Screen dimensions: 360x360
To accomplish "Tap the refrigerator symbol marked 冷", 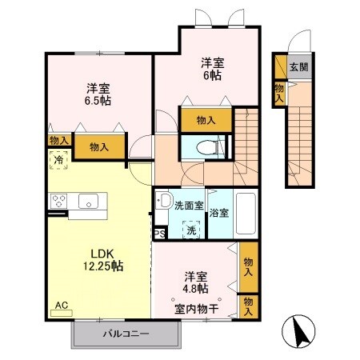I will pos(58,160).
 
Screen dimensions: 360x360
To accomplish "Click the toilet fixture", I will pos(206,147).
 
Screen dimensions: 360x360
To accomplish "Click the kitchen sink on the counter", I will pos(86,201).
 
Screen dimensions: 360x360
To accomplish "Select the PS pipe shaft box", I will pos(160,234).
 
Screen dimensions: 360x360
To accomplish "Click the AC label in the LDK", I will pos(61,305).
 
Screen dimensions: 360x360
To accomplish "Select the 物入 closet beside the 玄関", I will pos(278,92).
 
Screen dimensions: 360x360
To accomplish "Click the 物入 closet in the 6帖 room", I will pos(206,120).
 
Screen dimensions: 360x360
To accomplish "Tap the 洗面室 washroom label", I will pos(190,206).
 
